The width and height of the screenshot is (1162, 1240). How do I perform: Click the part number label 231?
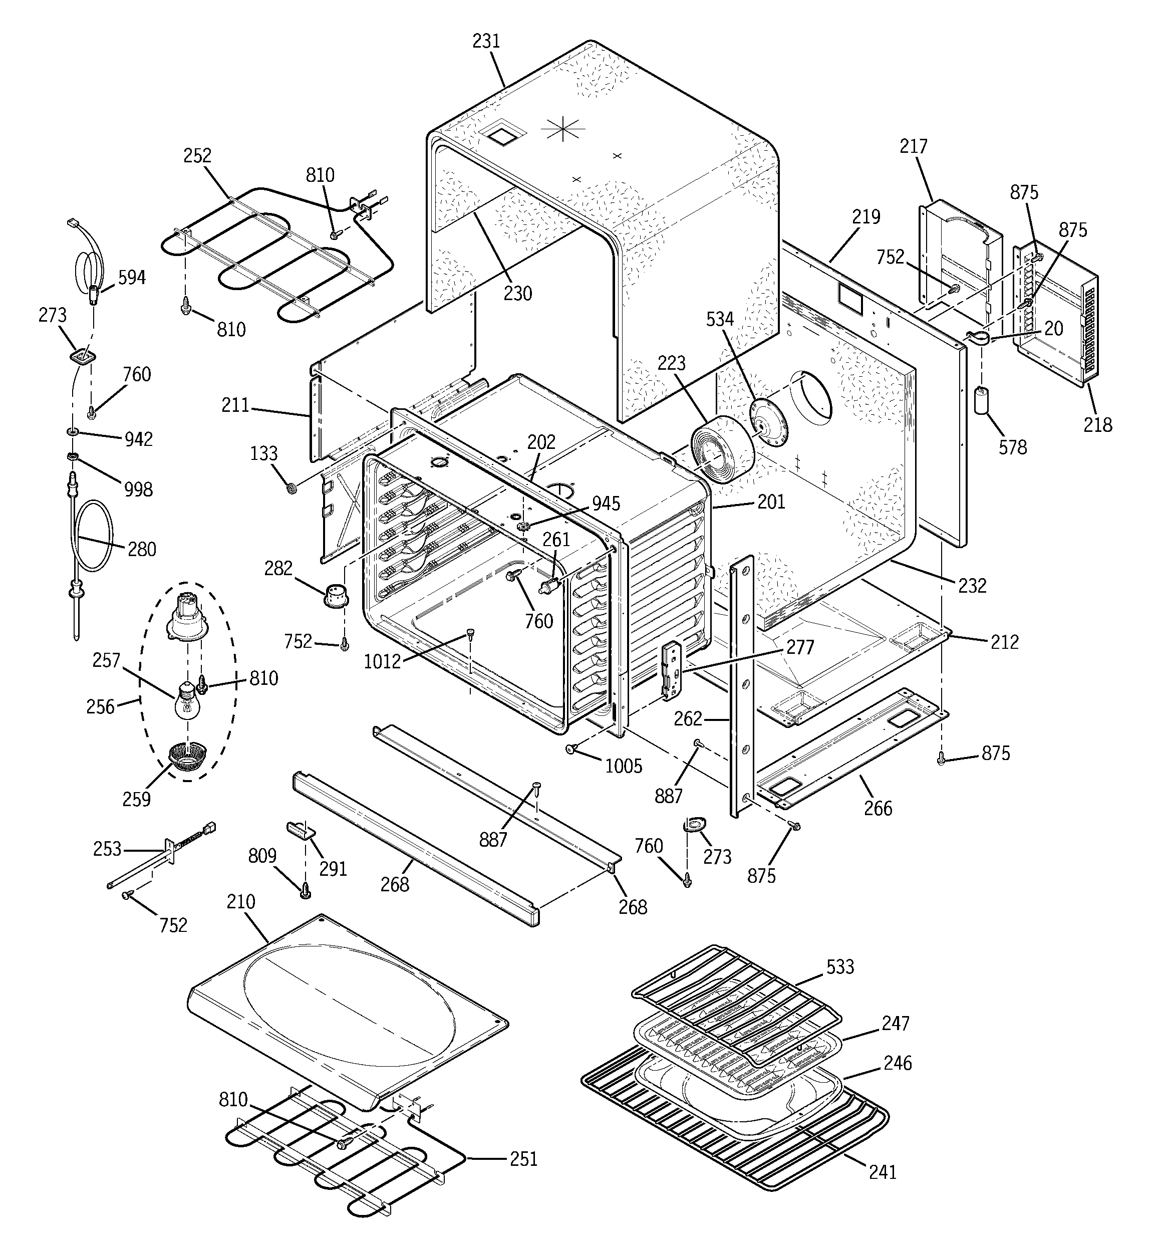[486, 41]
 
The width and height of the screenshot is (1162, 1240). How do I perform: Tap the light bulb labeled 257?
[186, 703]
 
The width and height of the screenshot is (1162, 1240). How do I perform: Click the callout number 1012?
[382, 661]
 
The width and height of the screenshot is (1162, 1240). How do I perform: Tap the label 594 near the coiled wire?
[132, 278]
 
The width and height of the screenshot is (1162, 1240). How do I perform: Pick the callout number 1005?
[623, 766]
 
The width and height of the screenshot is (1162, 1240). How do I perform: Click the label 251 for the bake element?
[523, 1159]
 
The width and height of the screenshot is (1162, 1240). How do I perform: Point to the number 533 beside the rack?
[839, 967]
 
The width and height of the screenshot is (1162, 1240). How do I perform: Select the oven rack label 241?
[882, 1172]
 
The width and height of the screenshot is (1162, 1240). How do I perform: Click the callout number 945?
[606, 504]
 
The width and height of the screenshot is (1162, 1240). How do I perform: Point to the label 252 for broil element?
[197, 156]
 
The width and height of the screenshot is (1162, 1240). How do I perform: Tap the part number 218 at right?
[1097, 425]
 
